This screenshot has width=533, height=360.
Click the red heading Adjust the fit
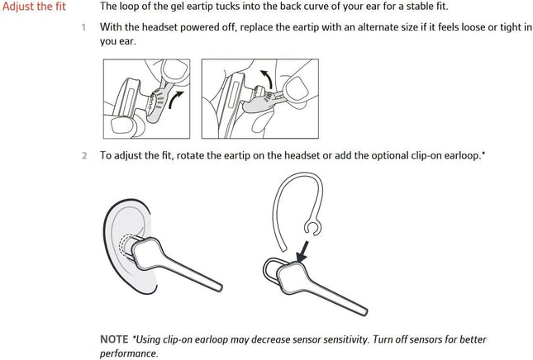coord(34,7)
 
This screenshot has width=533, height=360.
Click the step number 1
coord(83,27)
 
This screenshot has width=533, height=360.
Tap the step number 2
coord(84,155)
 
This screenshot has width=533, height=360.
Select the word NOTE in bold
coord(114,339)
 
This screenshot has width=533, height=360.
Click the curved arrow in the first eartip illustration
coord(175,99)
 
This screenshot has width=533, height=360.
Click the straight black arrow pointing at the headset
coord(302,252)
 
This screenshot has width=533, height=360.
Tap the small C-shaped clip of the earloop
coord(312,228)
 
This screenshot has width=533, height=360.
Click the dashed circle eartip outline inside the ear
coord(125,245)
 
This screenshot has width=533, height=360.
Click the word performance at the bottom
coord(129,353)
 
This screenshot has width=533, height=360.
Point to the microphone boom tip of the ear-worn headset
coord(219,287)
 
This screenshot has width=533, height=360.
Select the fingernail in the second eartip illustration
coord(297,88)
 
